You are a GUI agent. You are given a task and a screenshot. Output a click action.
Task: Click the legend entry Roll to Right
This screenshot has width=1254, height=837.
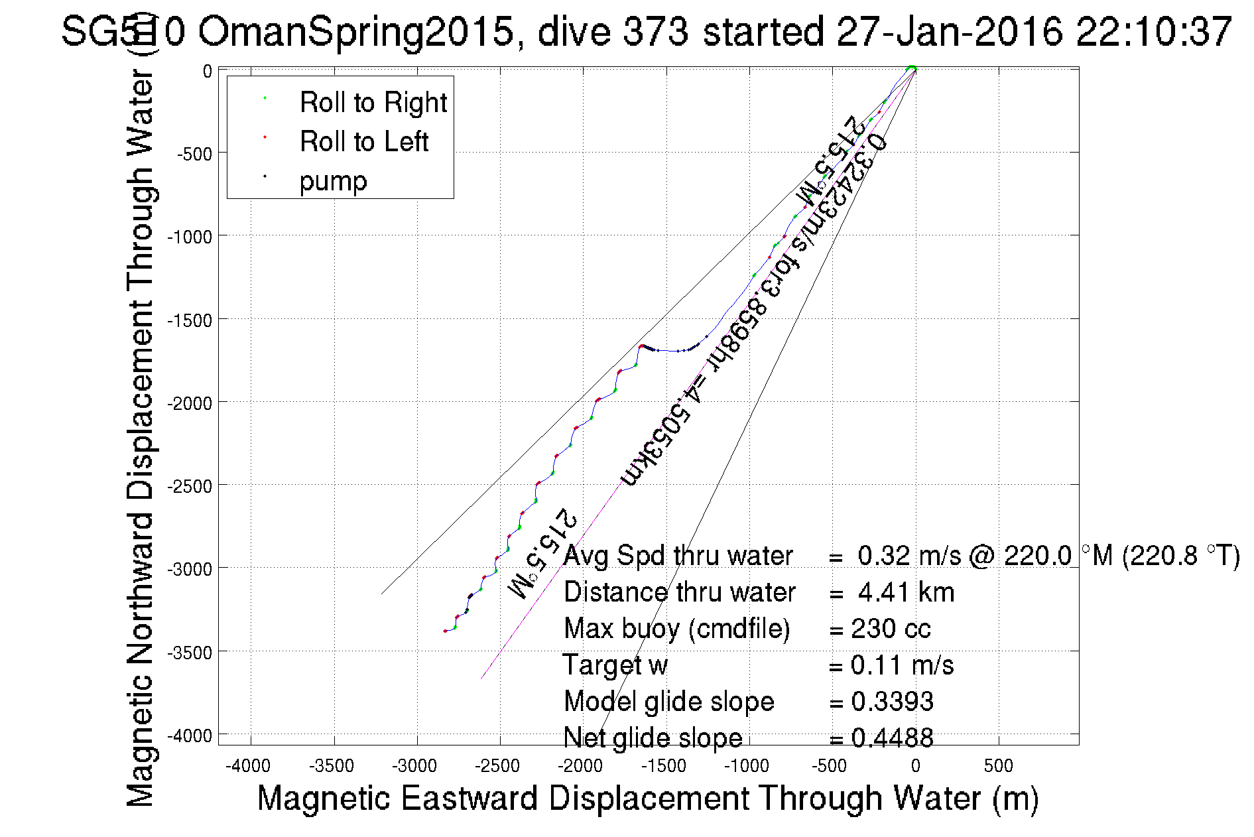[x=373, y=103]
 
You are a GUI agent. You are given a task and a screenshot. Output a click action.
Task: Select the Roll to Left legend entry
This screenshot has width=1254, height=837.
[x=363, y=142]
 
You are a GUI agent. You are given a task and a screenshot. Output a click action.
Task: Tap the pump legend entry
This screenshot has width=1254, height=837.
[x=333, y=181]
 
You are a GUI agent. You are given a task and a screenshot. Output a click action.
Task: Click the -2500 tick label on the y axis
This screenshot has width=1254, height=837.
[x=189, y=486]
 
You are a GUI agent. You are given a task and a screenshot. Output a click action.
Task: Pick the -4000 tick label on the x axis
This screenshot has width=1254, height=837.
[x=248, y=766]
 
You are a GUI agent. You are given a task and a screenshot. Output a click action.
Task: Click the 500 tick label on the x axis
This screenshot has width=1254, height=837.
[x=998, y=766]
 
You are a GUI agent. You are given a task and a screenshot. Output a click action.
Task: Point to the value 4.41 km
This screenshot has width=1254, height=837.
[x=906, y=592]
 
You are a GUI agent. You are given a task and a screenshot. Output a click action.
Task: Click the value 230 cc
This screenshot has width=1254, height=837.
[x=891, y=629]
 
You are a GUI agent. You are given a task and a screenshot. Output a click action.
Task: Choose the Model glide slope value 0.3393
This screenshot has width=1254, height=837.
[x=892, y=702]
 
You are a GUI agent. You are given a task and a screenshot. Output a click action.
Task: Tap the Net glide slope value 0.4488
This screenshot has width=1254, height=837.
[x=892, y=738]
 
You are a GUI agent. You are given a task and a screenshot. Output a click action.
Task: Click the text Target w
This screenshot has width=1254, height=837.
[x=615, y=665]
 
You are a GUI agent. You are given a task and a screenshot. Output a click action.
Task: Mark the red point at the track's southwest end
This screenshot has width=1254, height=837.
[x=445, y=631]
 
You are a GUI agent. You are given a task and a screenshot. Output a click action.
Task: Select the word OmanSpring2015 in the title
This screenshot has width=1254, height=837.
[x=356, y=31]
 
